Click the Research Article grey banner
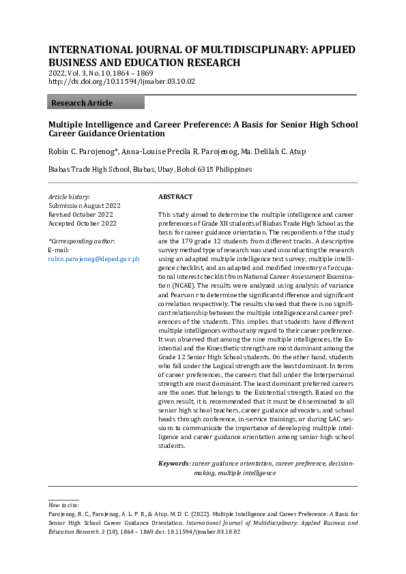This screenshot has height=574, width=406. [96, 102]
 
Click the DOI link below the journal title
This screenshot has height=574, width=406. [121, 81]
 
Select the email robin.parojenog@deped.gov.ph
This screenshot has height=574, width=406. [94, 259]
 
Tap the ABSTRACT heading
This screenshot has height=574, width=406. [175, 196]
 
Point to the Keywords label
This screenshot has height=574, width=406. [173, 464]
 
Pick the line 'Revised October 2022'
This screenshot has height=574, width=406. [81, 214]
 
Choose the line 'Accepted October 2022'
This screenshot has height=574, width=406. [83, 223]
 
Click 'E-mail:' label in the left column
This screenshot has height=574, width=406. [59, 250]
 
